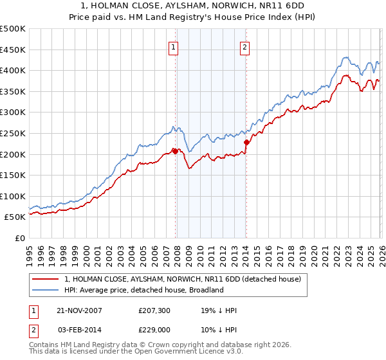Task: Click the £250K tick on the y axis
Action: point(12,133)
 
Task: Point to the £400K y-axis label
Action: point(12,71)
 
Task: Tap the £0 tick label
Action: point(19,239)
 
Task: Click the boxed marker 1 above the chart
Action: point(174,46)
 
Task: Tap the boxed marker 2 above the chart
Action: point(245,46)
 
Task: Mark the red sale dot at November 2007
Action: point(175,151)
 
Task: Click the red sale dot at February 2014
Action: point(246,142)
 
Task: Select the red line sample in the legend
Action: point(46,279)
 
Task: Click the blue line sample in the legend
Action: point(46,290)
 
